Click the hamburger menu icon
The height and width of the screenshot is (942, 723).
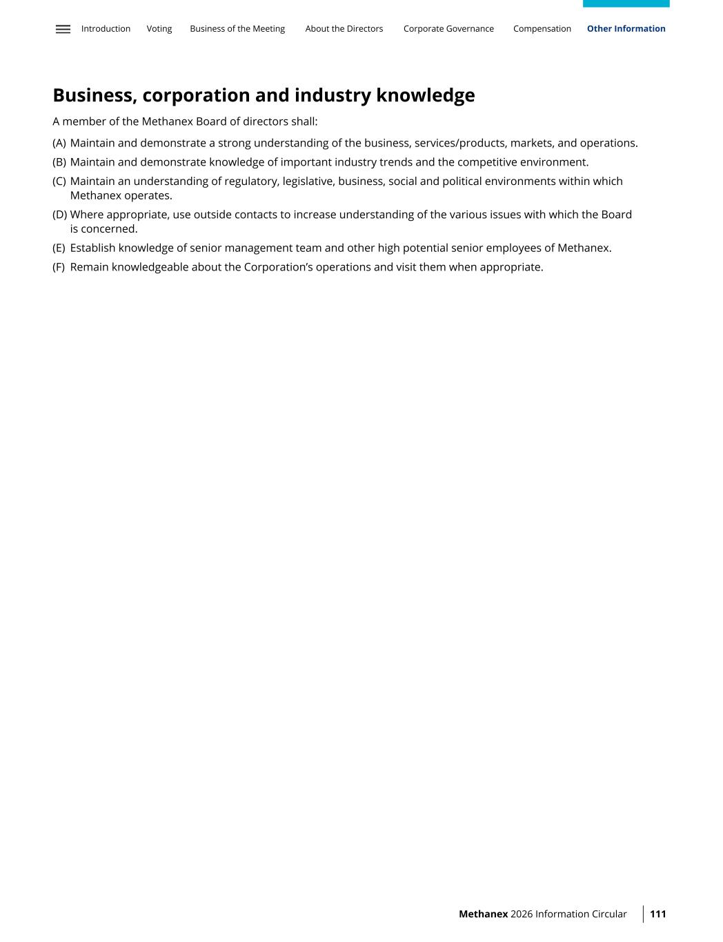coord(63,29)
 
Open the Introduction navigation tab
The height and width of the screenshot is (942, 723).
coord(106,29)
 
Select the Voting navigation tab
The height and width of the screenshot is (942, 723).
coord(159,29)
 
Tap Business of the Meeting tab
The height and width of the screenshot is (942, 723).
coord(237,29)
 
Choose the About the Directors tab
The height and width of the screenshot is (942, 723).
coord(344,29)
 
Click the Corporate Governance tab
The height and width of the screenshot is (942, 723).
coord(448,29)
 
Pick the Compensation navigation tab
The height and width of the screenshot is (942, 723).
coord(542,29)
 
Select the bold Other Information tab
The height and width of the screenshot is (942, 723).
coord(626,29)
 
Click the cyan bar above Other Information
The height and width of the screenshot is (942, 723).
coord(626,3)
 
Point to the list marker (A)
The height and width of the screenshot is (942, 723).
coord(59,144)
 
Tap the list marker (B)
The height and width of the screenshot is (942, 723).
coord(59,163)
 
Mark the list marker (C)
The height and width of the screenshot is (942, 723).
coord(59,181)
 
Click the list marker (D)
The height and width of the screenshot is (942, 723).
coord(59,215)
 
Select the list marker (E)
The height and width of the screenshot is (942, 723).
coord(59,248)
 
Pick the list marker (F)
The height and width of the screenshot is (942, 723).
coord(59,268)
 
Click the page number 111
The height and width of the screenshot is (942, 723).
coord(658,914)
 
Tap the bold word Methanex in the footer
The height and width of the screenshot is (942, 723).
coord(483,914)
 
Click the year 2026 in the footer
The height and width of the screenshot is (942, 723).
coord(522,914)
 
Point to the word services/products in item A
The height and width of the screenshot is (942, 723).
coord(460,144)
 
